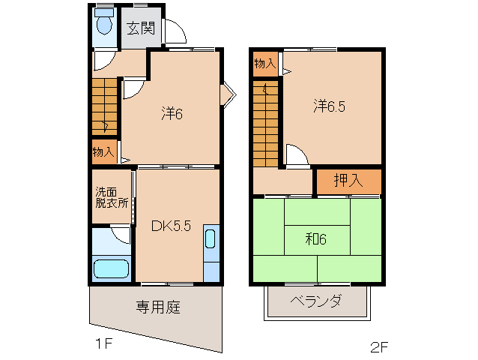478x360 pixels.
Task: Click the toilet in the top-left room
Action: (104, 24)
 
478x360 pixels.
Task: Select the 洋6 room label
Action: (172, 114)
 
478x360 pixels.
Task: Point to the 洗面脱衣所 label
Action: (111, 197)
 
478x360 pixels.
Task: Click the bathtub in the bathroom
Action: (111, 268)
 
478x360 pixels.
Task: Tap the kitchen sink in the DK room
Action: (210, 240)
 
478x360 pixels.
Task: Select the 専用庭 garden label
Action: (157, 307)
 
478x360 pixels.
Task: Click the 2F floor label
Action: (379, 347)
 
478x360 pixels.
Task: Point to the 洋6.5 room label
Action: (329, 106)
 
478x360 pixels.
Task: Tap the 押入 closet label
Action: (348, 181)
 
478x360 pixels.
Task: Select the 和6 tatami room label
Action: (316, 240)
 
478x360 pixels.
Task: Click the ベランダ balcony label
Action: (315, 301)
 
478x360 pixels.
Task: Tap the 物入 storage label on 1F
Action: (103, 151)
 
